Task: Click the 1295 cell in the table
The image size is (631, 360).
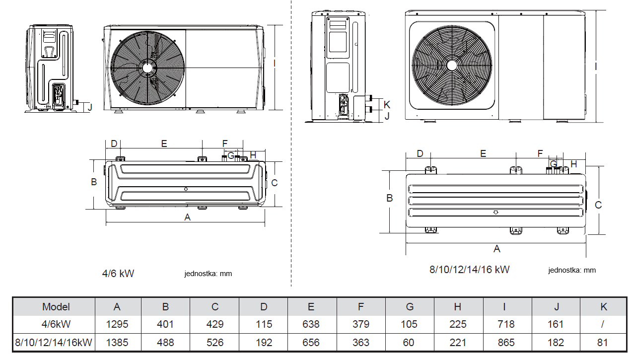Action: point(117,324)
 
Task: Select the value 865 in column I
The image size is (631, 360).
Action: point(505,343)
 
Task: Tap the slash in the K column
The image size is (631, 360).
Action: point(603,324)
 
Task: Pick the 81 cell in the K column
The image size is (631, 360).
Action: point(603,343)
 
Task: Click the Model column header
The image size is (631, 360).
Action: point(56,307)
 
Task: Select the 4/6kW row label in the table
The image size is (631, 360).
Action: point(56,324)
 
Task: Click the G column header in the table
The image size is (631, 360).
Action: point(409,307)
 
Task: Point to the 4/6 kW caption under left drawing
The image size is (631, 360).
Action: point(118,273)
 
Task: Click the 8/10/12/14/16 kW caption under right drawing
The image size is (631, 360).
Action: point(469,270)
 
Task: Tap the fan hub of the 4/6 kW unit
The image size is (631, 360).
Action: point(147,68)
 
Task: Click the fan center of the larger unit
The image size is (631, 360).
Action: point(452,65)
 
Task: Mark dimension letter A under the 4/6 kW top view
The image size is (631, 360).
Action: point(187,217)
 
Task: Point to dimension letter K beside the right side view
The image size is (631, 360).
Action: point(387,105)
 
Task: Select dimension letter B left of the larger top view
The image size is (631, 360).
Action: point(390,198)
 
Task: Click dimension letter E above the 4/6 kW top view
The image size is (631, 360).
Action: point(164,144)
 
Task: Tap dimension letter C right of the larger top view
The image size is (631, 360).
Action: point(598,205)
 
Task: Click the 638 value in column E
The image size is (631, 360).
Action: point(311,324)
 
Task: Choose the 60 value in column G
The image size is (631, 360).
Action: point(409,343)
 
